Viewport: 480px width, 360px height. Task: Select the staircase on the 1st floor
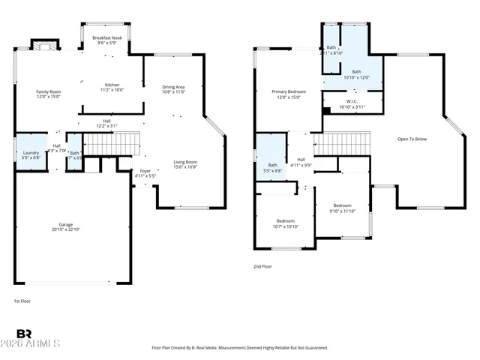click(x=112, y=141)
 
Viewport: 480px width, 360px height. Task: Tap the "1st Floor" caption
click(x=22, y=301)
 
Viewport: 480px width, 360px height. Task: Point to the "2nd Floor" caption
click(x=262, y=266)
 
